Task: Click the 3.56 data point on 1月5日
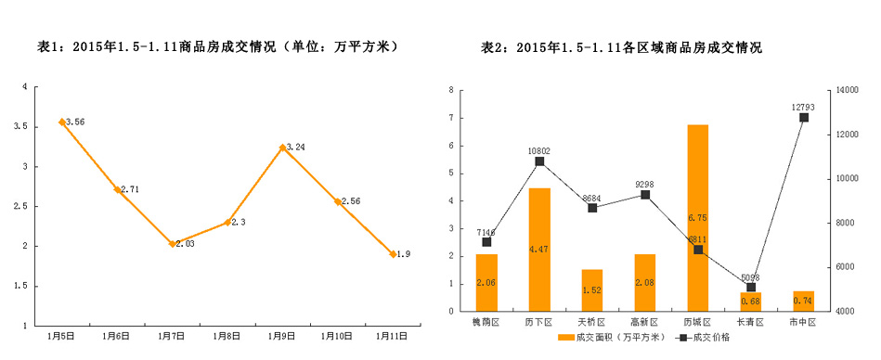point(62,122)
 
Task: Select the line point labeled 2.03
point(172,243)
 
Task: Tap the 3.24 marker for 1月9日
point(282,148)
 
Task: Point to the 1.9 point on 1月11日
point(393,253)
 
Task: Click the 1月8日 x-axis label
point(227,334)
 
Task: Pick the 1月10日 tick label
point(338,334)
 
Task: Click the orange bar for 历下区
point(539,250)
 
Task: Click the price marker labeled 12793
point(803,118)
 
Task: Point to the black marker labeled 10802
point(539,161)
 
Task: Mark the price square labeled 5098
point(750,288)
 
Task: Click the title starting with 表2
point(621,47)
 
